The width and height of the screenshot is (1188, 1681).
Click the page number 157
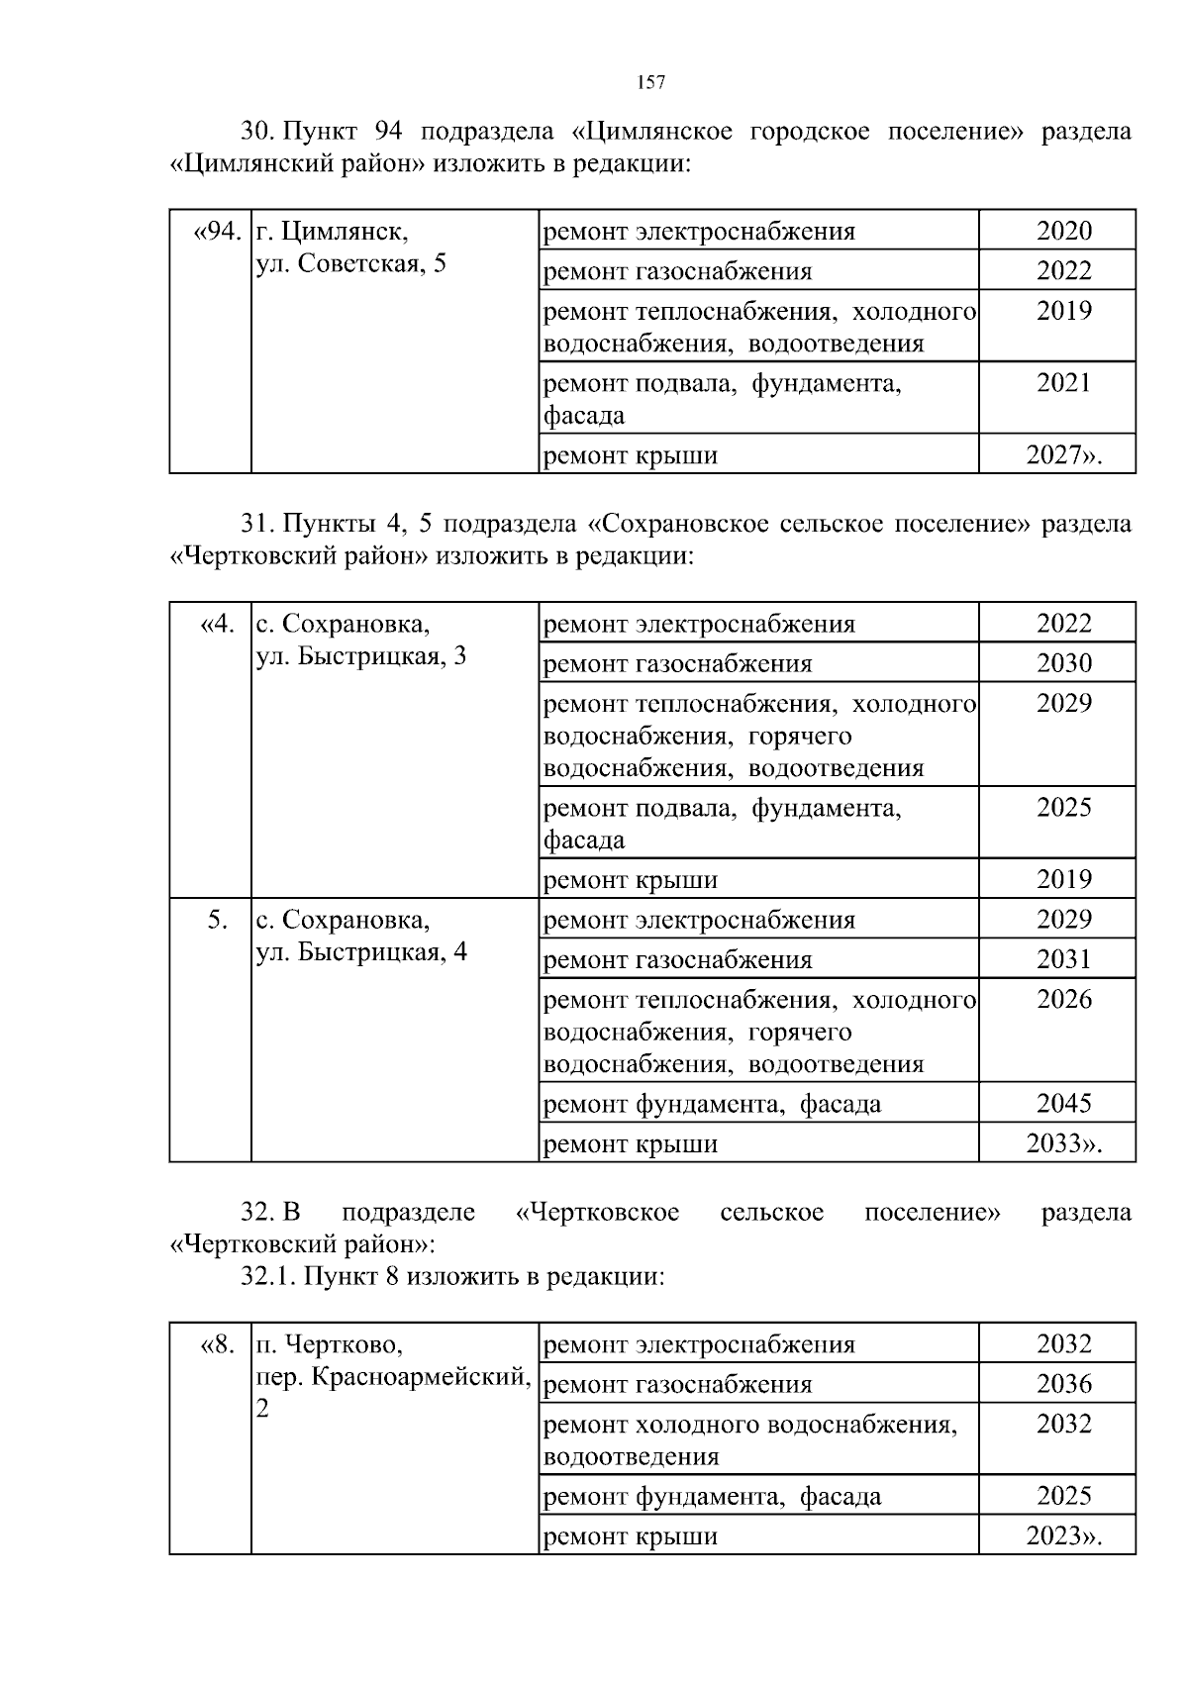pyautogui.click(x=650, y=83)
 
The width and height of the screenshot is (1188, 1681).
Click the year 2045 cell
pyautogui.click(x=1064, y=1103)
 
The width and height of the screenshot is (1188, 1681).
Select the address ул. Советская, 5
pyautogui.click(x=351, y=264)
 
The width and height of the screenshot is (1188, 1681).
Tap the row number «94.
pyautogui.click(x=217, y=232)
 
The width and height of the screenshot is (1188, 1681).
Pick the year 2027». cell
pyautogui.click(x=1064, y=455)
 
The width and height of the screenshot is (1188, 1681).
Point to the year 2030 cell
pyautogui.click(x=1064, y=663)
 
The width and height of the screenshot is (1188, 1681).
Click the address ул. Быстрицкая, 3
pyautogui.click(x=361, y=656)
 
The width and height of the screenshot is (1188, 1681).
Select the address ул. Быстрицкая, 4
pyautogui.click(x=361, y=952)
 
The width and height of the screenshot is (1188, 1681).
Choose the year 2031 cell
pyautogui.click(x=1064, y=959)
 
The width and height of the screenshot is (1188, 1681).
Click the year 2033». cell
pyautogui.click(x=1064, y=1143)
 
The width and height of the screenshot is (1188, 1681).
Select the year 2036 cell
pyautogui.click(x=1064, y=1384)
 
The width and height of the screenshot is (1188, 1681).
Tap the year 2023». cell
pyautogui.click(x=1064, y=1535)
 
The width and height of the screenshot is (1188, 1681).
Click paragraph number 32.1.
pyautogui.click(x=268, y=1276)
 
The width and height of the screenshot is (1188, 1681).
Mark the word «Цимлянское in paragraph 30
pyautogui.click(x=652, y=132)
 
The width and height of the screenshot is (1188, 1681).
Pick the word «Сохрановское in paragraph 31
pyautogui.click(x=678, y=524)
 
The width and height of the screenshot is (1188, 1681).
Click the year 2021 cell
pyautogui.click(x=1064, y=383)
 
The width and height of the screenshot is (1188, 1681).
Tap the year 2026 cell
pyautogui.click(x=1064, y=999)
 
